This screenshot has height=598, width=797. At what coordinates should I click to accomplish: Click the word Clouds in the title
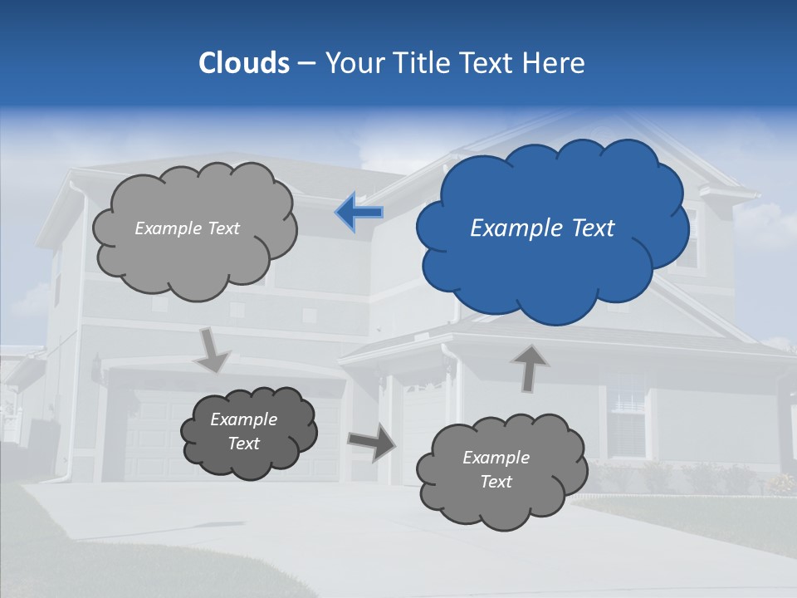click(x=243, y=63)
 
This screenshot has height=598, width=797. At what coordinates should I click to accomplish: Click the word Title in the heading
click(x=424, y=63)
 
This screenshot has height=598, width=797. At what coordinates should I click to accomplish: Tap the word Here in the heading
click(x=554, y=63)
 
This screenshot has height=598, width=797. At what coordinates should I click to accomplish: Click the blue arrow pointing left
click(x=359, y=213)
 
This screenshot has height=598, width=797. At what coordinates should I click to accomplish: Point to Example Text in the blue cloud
click(x=542, y=228)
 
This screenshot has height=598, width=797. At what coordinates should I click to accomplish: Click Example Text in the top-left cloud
click(x=187, y=228)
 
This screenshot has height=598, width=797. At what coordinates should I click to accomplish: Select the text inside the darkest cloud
click(x=244, y=431)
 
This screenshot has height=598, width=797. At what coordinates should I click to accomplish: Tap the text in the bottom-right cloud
click(x=496, y=469)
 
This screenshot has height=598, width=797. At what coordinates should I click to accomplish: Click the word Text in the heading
click(x=487, y=63)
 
